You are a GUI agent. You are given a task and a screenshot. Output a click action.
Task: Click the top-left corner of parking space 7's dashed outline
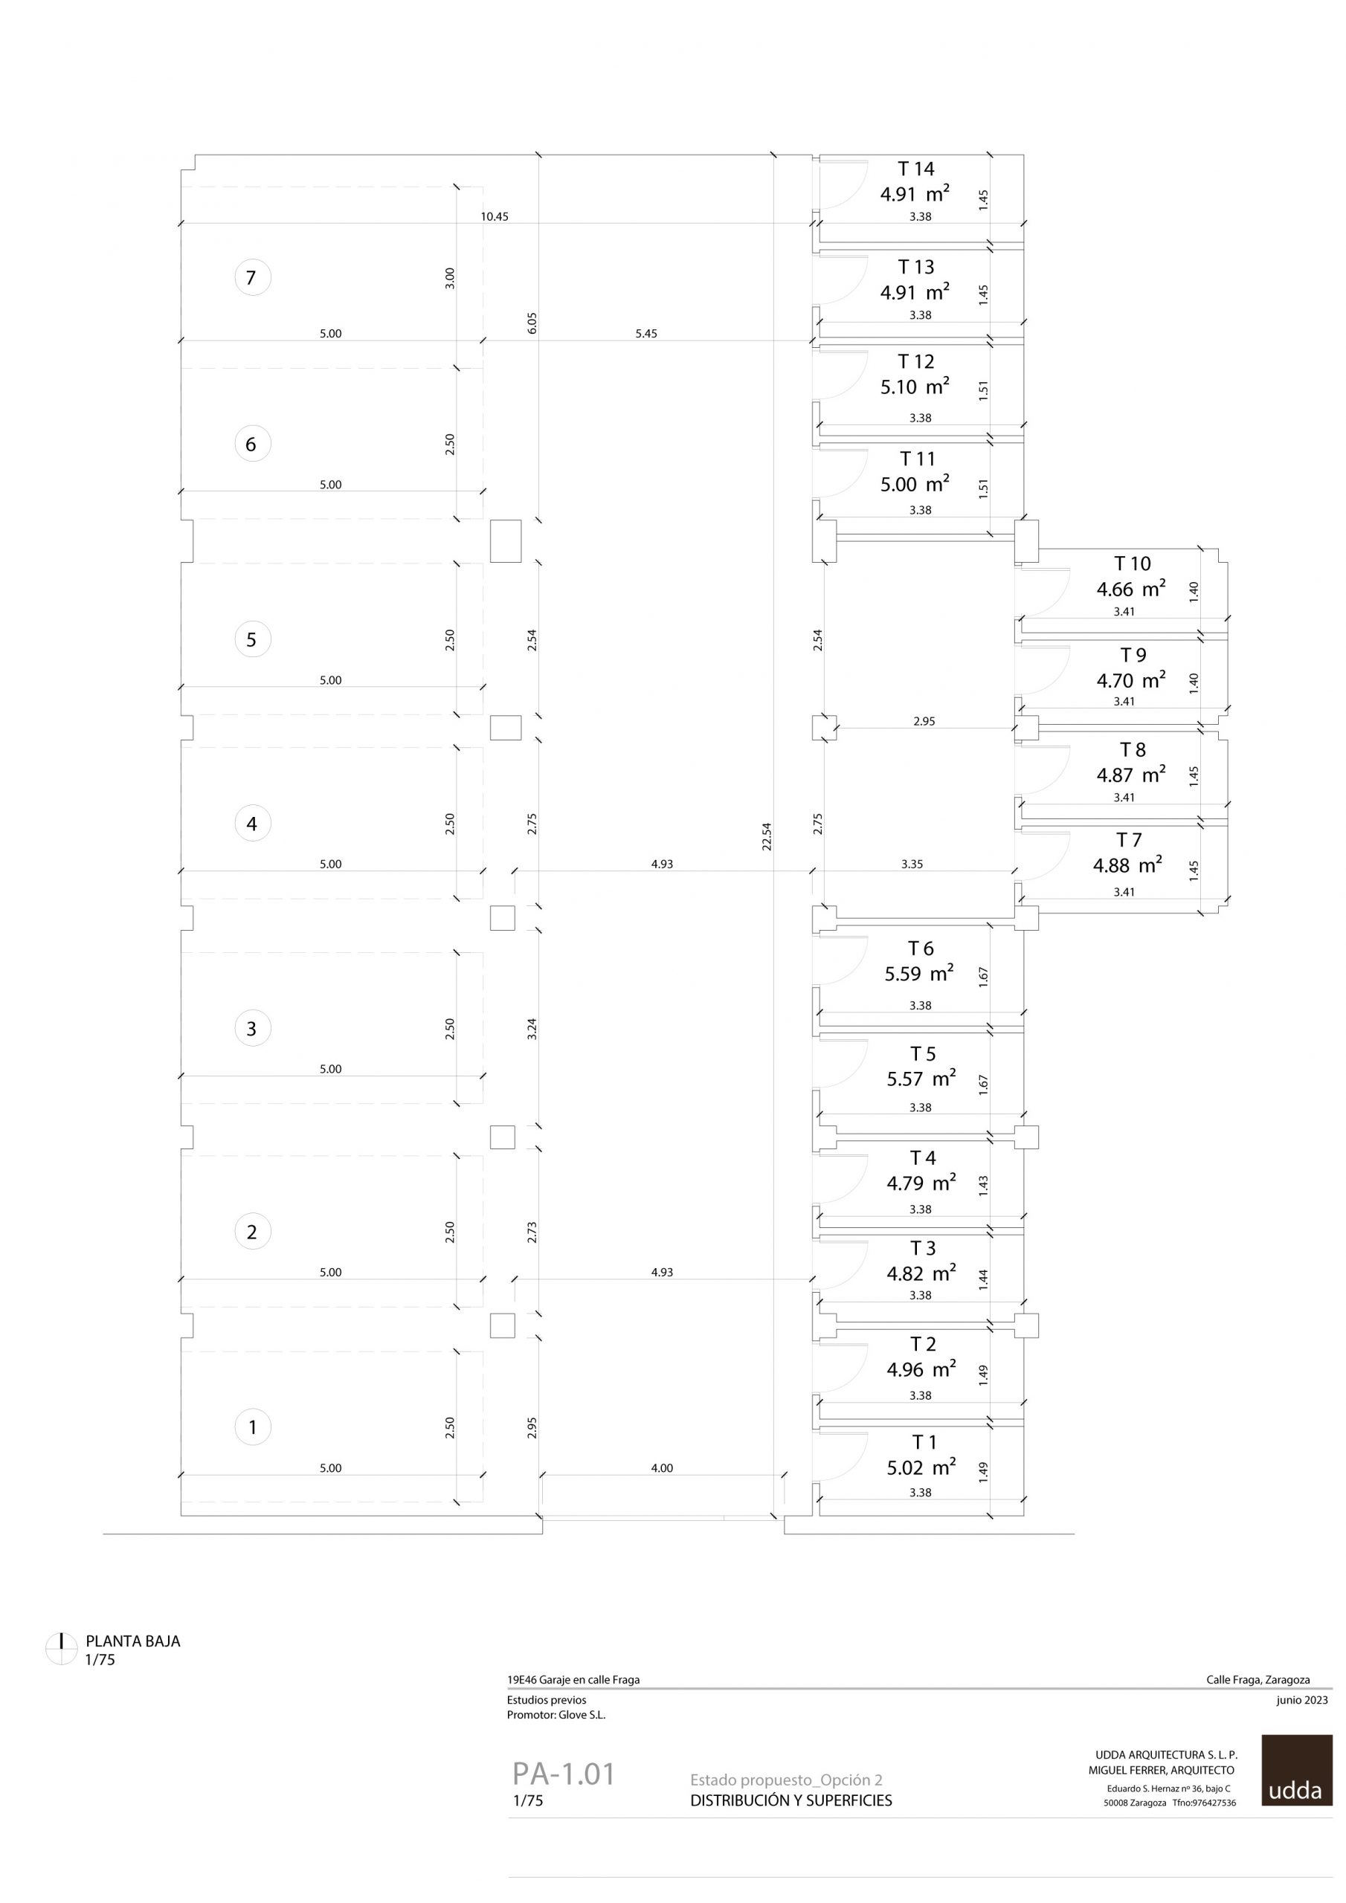[x=181, y=187]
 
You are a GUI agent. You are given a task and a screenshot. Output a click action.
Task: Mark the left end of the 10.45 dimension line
[x=181, y=223]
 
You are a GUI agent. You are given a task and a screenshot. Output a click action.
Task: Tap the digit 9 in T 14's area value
[x=899, y=195]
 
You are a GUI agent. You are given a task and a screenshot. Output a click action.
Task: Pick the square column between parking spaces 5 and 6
[x=506, y=541]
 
